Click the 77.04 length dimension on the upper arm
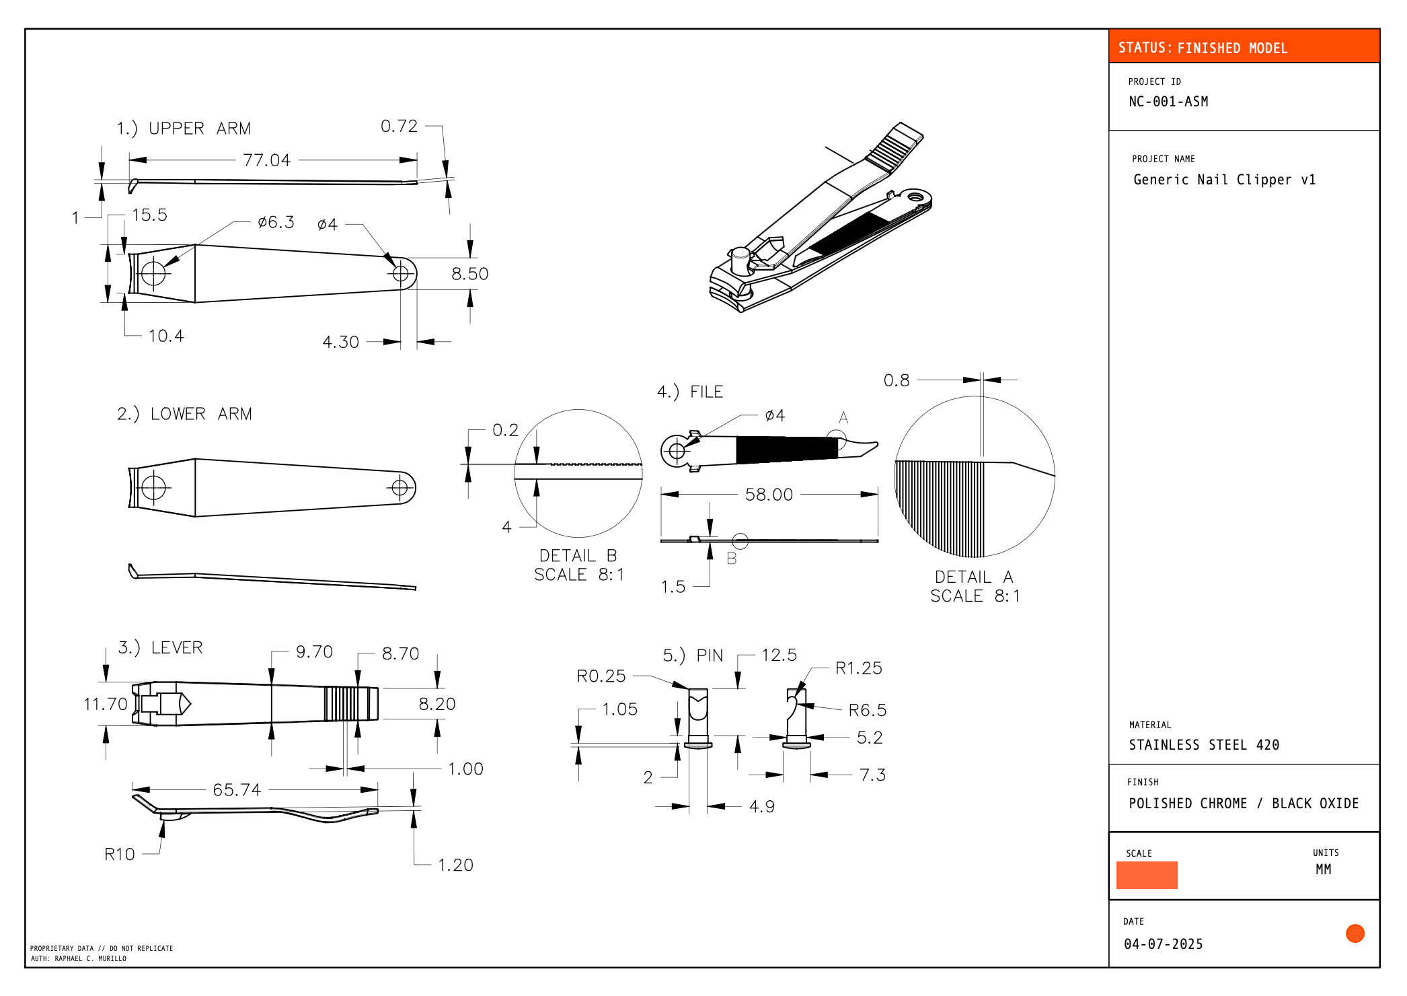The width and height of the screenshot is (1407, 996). pos(266,160)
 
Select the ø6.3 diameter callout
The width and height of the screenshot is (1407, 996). pos(276,222)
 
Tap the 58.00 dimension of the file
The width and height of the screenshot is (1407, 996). pos(769,495)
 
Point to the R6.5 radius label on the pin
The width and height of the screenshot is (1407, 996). pos(867,710)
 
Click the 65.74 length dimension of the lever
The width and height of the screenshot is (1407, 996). pos(237,789)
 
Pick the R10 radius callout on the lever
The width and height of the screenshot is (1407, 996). pos(120,854)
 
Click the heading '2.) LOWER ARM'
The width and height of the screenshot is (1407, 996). pos(184,414)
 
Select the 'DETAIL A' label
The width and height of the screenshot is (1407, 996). pos(973,577)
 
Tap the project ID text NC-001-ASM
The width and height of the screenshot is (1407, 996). pos(1168,102)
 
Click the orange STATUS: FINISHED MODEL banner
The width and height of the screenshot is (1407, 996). pos(1243,47)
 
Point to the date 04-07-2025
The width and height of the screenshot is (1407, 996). pos(1163,944)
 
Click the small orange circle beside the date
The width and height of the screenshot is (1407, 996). pos(1355,933)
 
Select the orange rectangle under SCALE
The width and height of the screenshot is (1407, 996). pos(1146,875)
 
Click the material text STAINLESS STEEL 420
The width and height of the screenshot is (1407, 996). pos(1203,744)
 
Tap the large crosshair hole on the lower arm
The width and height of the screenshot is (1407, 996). pos(154,487)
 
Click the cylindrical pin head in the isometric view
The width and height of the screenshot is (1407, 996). pos(740,259)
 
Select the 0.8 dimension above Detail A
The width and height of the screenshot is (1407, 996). pos(897,380)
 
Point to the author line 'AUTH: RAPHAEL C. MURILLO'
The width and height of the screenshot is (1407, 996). pos(79,958)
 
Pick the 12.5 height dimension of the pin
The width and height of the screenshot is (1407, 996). pos(779,655)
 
